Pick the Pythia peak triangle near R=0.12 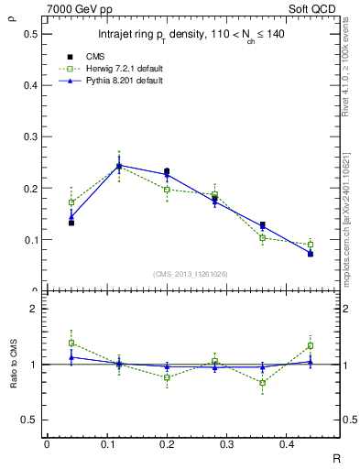[118, 166]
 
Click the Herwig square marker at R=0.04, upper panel [71, 202]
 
